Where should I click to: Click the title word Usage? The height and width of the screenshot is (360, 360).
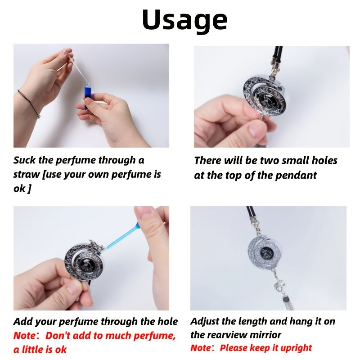pyautogui.click(x=185, y=20)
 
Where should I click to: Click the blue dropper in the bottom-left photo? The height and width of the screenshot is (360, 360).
pyautogui.click(x=122, y=237)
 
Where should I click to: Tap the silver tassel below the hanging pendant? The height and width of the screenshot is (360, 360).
pyautogui.click(x=288, y=302)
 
